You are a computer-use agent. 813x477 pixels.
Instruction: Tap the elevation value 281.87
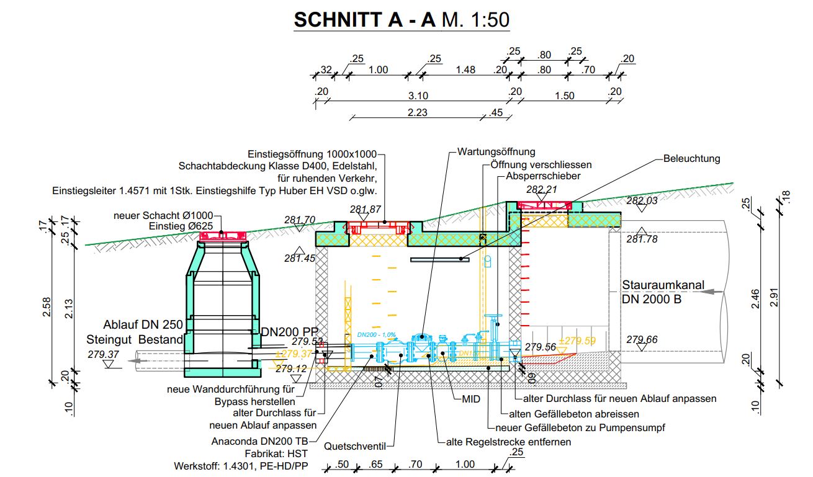[x=366, y=210]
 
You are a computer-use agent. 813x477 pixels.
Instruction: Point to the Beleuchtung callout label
[x=691, y=158]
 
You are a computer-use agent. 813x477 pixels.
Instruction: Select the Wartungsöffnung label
[x=496, y=151]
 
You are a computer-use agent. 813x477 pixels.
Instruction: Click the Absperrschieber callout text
[x=543, y=176]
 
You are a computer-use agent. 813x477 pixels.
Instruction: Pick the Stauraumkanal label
[x=663, y=285]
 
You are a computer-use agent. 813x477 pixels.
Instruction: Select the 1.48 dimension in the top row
[x=465, y=69]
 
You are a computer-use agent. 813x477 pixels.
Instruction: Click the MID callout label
[x=471, y=399]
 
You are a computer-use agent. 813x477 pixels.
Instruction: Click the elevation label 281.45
[x=300, y=258]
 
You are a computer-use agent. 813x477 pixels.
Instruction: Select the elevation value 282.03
[x=642, y=201]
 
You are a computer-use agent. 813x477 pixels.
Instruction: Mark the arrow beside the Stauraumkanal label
[x=717, y=291]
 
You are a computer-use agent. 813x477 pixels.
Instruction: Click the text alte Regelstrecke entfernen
[x=508, y=442]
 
